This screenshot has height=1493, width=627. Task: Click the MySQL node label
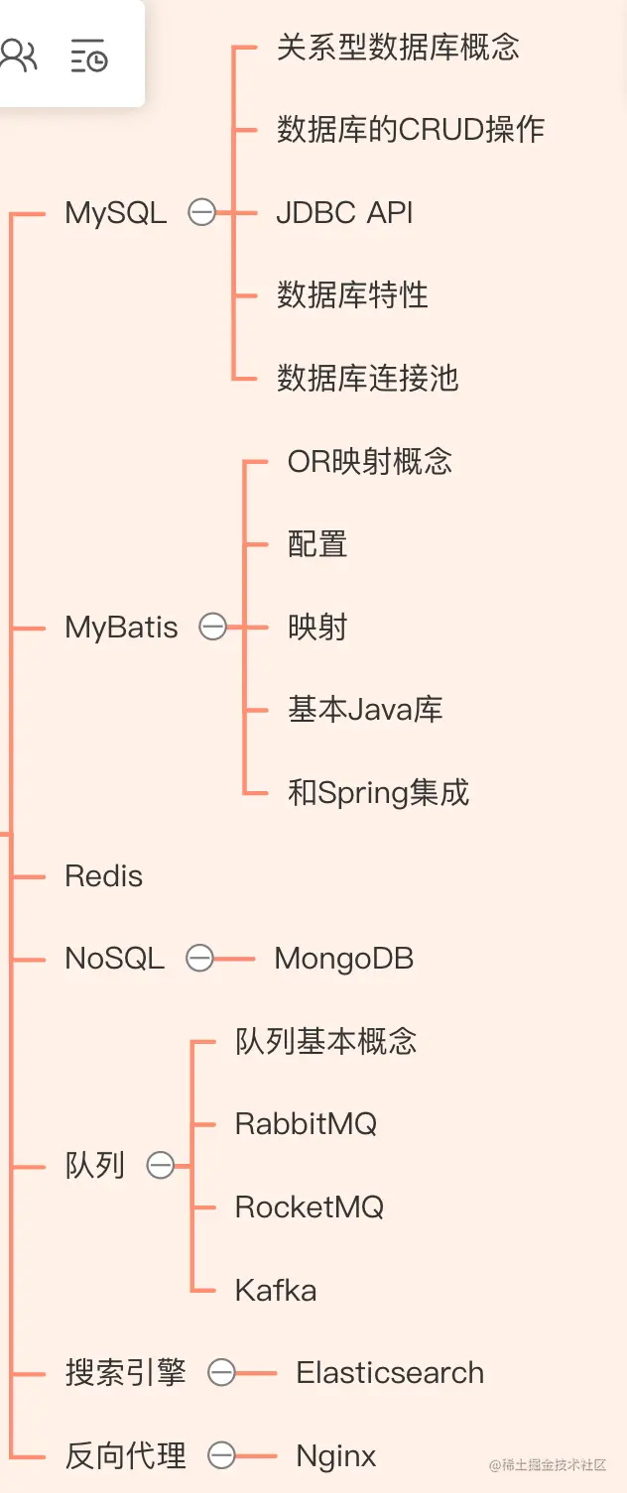pos(115,212)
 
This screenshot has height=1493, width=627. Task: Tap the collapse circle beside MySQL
pos(202,212)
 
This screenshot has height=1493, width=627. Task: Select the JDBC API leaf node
pos(344,212)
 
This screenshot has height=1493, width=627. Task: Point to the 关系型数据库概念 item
pos(398,48)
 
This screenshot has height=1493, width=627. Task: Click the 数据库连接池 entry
pos(367,378)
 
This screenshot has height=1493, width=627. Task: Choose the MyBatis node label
pos(121,627)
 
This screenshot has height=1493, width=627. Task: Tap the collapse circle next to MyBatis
pos(213,627)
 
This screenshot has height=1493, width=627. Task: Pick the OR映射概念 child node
pos(370,461)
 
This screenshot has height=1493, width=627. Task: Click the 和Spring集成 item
pos(378,792)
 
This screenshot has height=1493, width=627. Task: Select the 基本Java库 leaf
pos(365,710)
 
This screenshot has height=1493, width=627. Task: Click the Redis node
pos(103,875)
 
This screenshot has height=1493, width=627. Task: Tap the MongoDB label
pos(343,959)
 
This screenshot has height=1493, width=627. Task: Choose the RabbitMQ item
pos(306,1124)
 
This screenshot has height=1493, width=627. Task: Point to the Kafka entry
pos(276,1290)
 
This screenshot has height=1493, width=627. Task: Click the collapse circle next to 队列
pos(161,1166)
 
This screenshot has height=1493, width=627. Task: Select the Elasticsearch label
pos(390,1373)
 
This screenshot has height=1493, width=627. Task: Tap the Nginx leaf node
pos(336,1455)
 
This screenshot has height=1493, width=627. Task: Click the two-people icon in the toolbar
pos(19,56)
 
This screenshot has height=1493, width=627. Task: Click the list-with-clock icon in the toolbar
pos(89,56)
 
